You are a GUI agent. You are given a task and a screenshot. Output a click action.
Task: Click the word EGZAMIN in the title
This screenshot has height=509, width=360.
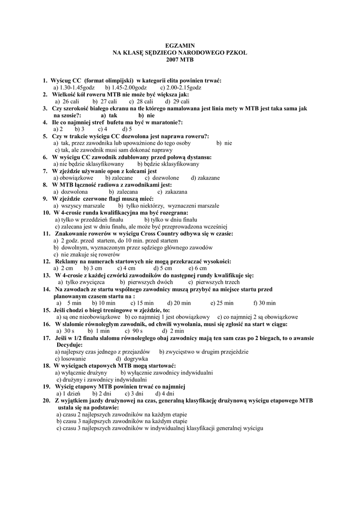point(180,45)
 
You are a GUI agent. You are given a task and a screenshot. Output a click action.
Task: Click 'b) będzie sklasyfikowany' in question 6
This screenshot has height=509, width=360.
point(168,164)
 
